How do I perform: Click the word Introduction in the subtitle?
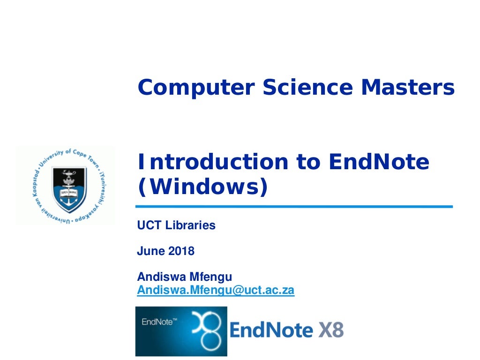coord(212,162)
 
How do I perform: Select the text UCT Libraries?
coord(176,225)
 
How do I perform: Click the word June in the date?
coord(150,251)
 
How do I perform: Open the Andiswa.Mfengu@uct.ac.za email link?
coord(216,291)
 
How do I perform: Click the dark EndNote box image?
coord(181,331)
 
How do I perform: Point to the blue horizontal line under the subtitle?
coord(294,206)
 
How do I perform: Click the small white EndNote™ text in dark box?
coord(159,322)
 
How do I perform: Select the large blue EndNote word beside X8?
coord(271,330)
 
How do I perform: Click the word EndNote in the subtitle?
coord(379,162)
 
